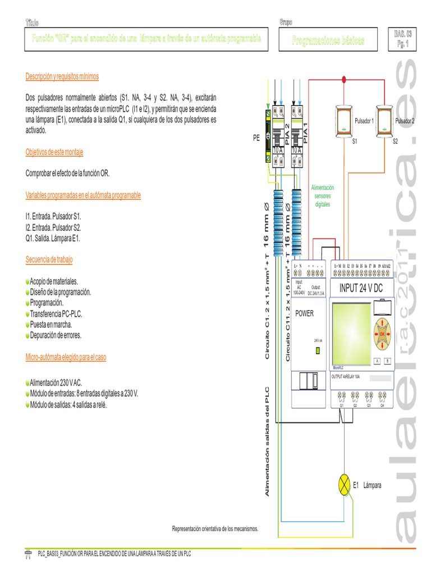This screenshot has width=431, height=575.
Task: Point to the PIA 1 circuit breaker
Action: (297, 135)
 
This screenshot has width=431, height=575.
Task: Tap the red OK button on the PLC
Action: (383, 332)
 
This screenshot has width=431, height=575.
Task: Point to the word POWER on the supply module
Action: (305, 313)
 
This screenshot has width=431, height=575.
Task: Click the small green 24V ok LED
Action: (318, 350)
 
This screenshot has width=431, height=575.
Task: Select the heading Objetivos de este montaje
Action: (54, 152)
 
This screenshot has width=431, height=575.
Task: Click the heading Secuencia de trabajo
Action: (49, 259)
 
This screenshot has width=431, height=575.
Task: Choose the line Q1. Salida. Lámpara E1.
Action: (53, 238)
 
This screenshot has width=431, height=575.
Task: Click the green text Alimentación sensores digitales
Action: (322, 196)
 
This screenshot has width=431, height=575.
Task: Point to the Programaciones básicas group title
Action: (328, 40)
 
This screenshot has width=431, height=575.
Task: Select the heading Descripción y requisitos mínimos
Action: (62, 76)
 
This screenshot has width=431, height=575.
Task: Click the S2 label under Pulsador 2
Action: (395, 141)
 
